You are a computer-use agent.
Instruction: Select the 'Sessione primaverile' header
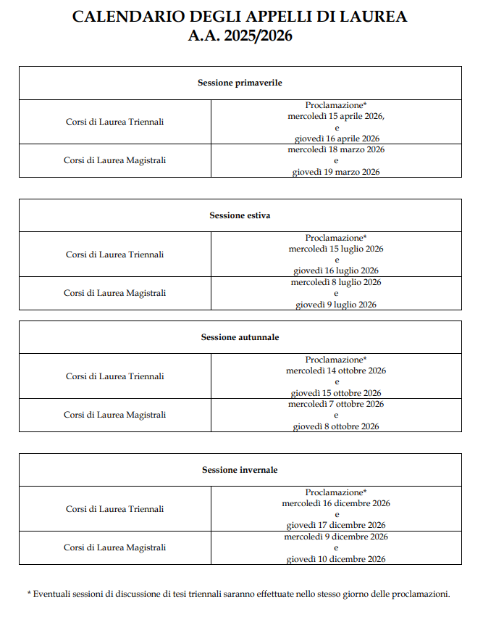click(240, 83)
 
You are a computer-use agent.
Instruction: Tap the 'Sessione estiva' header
click(240, 215)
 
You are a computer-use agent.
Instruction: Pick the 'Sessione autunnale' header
click(240, 337)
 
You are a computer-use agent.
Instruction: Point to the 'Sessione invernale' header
click(240, 470)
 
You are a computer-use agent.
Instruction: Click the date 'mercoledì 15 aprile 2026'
click(335, 116)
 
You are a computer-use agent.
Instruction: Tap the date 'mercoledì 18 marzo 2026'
click(336, 149)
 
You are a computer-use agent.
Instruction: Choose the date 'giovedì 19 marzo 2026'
click(336, 172)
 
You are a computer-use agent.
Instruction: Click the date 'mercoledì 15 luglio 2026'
click(336, 249)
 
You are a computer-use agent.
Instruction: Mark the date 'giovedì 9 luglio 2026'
click(336, 305)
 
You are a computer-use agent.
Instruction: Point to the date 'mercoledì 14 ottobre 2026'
click(336, 371)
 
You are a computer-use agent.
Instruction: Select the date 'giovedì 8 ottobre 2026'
click(336, 426)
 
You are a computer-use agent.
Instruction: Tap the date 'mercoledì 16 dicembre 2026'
click(336, 503)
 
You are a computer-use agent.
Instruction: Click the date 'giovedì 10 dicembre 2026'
click(336, 559)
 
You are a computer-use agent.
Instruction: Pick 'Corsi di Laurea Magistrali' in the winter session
click(114, 547)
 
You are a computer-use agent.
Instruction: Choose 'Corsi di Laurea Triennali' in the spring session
click(114, 122)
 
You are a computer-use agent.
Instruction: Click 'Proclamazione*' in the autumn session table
click(336, 360)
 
